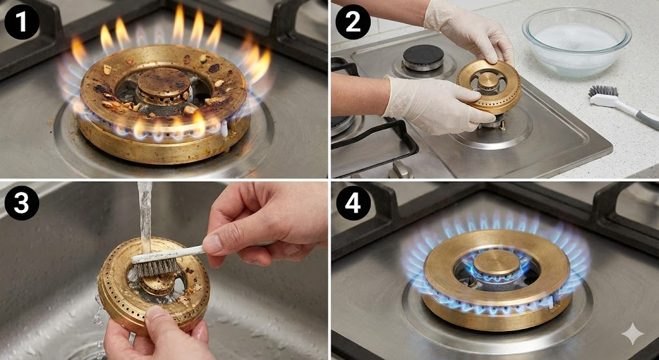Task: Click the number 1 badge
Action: [x=21, y=22]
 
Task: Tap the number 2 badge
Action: [x=353, y=22]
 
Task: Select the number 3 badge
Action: [x=21, y=203]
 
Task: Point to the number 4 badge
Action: [x=353, y=203]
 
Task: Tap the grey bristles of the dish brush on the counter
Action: [x=602, y=90]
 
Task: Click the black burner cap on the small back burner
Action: [x=423, y=54]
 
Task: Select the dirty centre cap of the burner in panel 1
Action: [x=164, y=82]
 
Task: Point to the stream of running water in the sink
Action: [x=145, y=219]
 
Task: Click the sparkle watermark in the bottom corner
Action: [x=633, y=334]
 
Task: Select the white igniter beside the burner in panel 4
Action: [x=551, y=302]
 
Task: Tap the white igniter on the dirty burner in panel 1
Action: [x=225, y=128]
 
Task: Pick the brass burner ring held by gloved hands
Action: [x=489, y=86]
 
